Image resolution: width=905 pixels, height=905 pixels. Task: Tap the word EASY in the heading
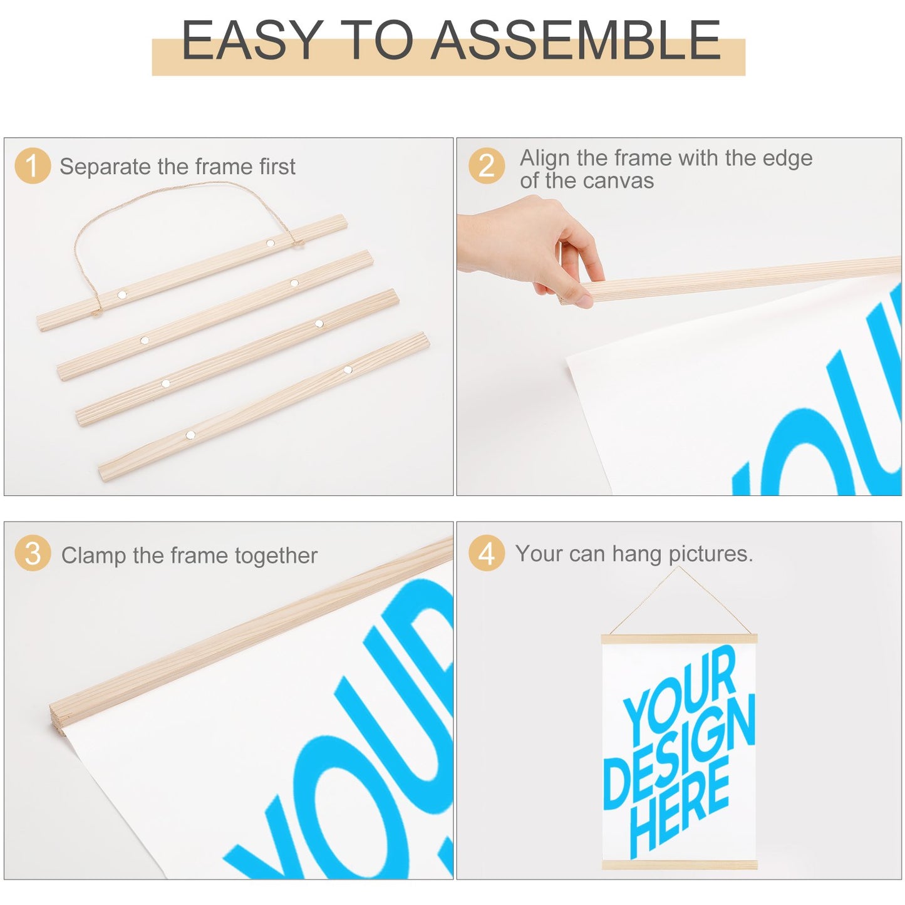point(252,40)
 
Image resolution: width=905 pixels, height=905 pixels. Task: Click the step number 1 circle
point(33,165)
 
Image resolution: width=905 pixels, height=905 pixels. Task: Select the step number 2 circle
point(487,165)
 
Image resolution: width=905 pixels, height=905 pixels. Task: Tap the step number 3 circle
point(33,553)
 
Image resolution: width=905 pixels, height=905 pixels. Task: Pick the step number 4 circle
point(487,553)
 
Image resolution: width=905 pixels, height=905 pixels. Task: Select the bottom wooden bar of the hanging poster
point(680,865)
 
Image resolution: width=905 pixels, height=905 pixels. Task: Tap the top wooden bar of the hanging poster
point(680,639)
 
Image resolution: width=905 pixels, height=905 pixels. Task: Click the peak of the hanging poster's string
point(679,567)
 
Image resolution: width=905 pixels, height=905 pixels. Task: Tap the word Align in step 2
point(544,158)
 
